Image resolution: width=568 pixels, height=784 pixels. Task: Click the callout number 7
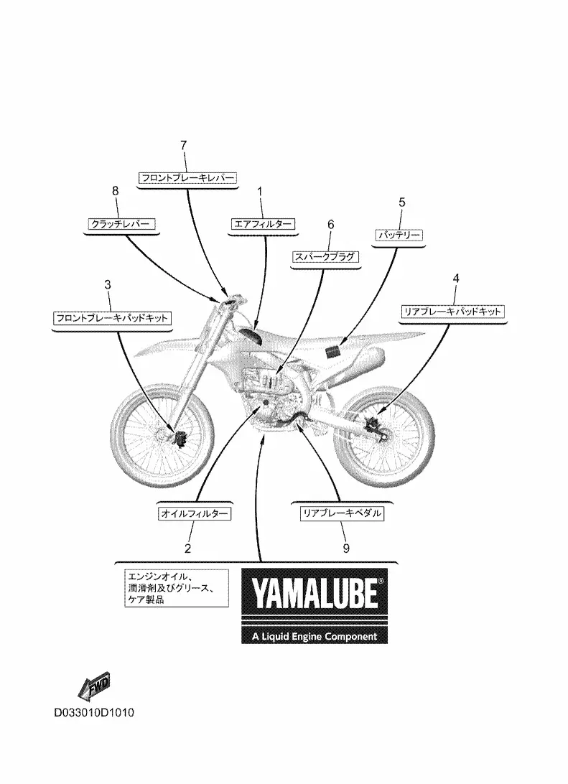(183, 145)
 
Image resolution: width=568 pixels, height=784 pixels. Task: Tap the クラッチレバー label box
(120, 224)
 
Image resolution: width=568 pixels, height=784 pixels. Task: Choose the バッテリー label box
(399, 235)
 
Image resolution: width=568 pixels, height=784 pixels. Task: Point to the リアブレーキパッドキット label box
(452, 312)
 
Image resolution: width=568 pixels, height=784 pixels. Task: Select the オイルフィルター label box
(195, 513)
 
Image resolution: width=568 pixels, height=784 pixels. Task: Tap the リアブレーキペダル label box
(342, 513)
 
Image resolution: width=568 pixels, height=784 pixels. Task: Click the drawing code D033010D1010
(94, 714)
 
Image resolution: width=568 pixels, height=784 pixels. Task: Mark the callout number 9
(345, 548)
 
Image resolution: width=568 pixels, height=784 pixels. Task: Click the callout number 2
(187, 549)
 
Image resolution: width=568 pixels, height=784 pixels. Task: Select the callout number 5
(402, 202)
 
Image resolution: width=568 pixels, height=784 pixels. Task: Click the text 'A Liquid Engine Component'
(315, 636)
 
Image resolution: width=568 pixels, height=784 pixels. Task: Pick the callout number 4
(455, 279)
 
